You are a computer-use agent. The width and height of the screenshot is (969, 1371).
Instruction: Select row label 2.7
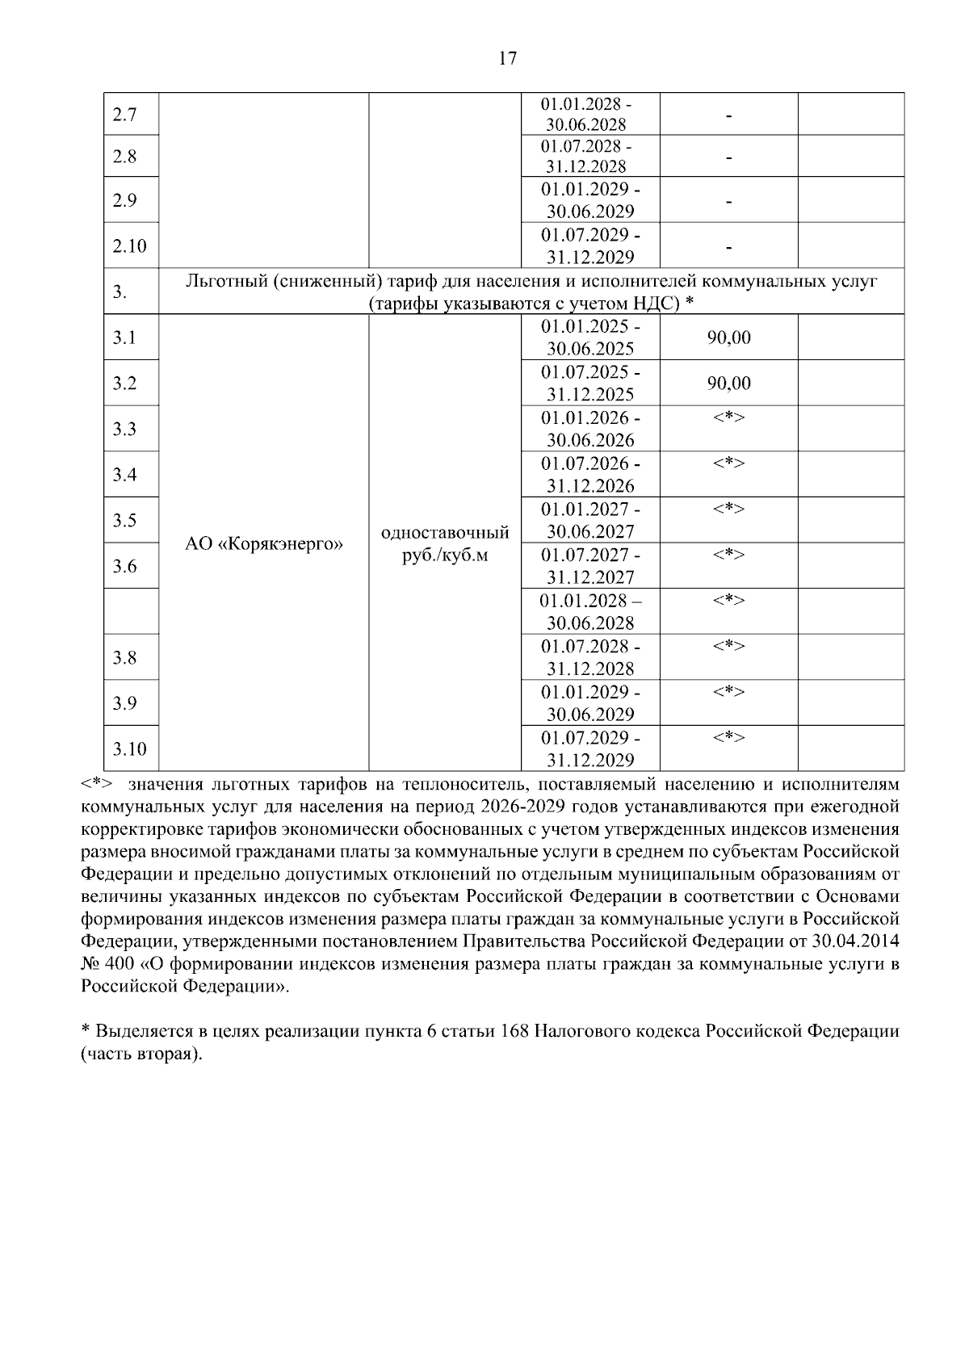pos(124,115)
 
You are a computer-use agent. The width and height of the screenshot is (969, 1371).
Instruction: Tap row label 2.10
pos(129,245)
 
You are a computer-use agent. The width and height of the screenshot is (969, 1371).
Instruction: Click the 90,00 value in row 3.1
pos(728,338)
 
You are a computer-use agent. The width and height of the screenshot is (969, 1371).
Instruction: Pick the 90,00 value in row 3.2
pos(728,383)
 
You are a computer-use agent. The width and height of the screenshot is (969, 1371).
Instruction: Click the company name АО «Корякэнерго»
pos(264,544)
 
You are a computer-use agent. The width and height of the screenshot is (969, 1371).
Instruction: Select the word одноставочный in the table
pos(444,533)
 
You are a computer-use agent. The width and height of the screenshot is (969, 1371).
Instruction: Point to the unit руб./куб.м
pos(444,556)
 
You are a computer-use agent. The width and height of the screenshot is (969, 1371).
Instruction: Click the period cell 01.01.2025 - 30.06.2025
pos(589,338)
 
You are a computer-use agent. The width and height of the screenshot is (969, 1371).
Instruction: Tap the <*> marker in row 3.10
pos(728,737)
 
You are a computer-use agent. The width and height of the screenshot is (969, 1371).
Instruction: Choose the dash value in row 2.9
pos(728,200)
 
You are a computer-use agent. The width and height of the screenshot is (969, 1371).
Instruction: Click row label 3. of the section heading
pos(120,292)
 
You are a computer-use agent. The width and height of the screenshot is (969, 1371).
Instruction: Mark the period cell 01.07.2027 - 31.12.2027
pos(589,566)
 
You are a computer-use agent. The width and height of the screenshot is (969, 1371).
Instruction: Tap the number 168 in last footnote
pos(514,1032)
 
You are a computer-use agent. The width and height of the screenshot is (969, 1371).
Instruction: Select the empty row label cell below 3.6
pos(131,611)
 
